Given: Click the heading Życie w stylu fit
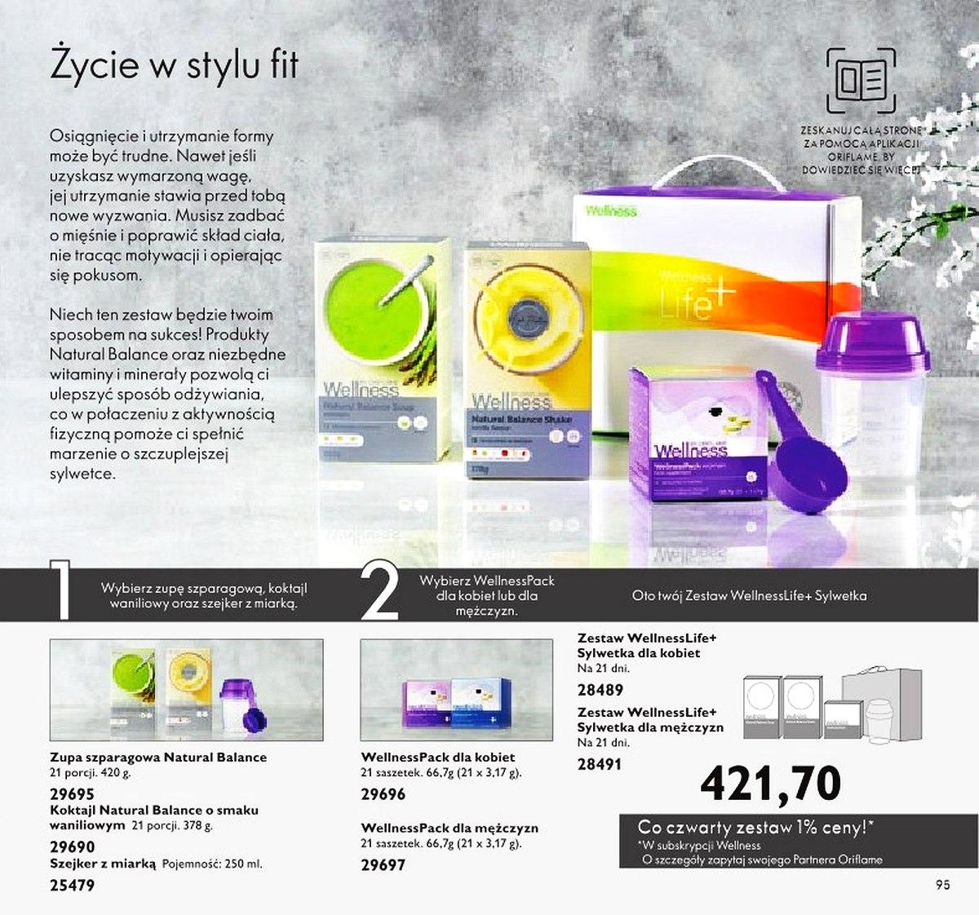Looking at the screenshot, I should (x=174, y=65).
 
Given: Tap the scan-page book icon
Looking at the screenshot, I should (x=860, y=81).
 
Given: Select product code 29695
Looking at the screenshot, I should (x=73, y=794).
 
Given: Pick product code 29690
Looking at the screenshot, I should (x=73, y=847).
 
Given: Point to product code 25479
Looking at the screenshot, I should (x=73, y=885).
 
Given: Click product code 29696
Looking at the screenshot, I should (x=383, y=794).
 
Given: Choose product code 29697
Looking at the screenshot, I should (x=383, y=865).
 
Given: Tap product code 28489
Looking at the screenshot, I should (x=600, y=690).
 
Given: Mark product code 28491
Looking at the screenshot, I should (x=600, y=765).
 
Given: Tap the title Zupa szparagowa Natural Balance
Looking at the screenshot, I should (x=158, y=758).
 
